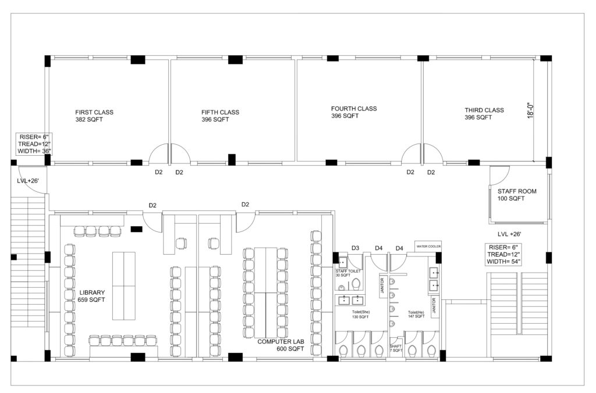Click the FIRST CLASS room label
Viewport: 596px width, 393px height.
[x=94, y=116]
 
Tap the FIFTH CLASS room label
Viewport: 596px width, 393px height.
[x=220, y=116]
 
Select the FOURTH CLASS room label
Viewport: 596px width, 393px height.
[x=354, y=112]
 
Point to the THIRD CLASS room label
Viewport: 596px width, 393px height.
[x=484, y=113]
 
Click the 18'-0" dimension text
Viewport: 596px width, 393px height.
[x=531, y=110]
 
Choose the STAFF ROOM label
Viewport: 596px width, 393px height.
[x=517, y=195]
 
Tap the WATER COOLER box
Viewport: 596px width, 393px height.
[x=428, y=246]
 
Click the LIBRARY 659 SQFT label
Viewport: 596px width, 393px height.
[x=91, y=296]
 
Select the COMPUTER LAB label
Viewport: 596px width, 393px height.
[x=281, y=342]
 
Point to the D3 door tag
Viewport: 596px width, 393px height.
[x=355, y=248]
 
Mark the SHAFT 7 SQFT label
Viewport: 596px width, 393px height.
[x=396, y=348]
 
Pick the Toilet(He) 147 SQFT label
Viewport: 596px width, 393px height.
[x=416, y=314]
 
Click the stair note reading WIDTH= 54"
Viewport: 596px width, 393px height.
[x=503, y=262]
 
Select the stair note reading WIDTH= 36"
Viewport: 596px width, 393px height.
[x=34, y=151]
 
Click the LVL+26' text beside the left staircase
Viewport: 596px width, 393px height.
[x=28, y=181]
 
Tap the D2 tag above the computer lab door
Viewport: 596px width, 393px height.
[x=245, y=204]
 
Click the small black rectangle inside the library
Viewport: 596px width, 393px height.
[x=136, y=229]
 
